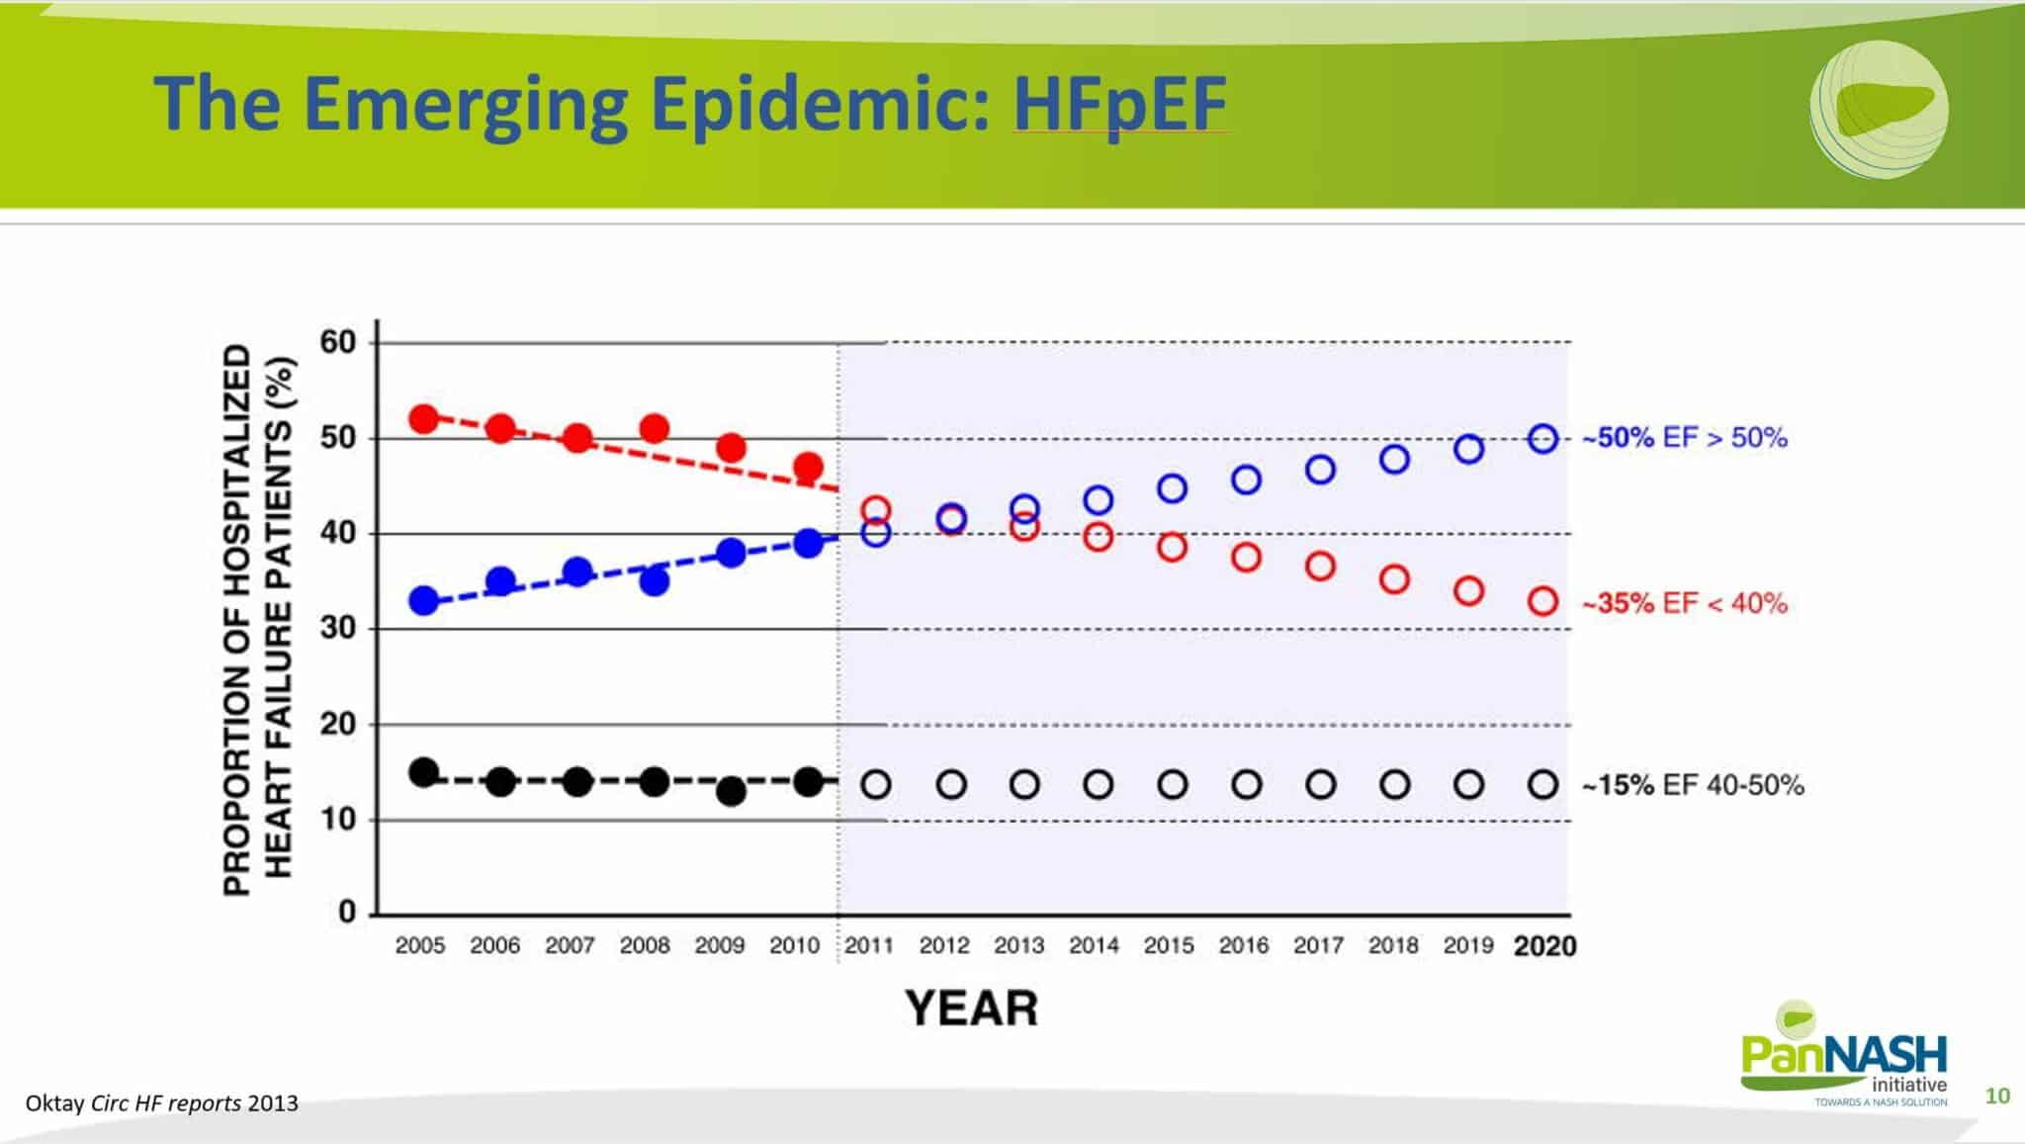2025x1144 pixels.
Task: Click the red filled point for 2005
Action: (x=423, y=419)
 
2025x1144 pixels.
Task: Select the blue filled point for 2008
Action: (x=654, y=581)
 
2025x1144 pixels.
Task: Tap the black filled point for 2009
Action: (x=731, y=792)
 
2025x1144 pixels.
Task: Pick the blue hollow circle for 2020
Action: (x=1542, y=439)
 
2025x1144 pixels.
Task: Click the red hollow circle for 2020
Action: (x=1542, y=601)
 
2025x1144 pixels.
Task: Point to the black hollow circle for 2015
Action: (x=1172, y=785)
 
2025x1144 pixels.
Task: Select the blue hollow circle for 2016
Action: (x=1246, y=481)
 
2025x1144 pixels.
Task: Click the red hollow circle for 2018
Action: (x=1394, y=579)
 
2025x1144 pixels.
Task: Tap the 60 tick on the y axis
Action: (x=338, y=342)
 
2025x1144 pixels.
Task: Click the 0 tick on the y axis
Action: (x=347, y=912)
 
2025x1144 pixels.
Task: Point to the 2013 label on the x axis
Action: (x=1018, y=946)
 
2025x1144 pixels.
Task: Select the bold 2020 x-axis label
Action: (x=1544, y=947)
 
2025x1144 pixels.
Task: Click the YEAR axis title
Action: (x=972, y=1010)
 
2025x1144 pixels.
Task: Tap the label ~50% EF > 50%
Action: (x=1685, y=438)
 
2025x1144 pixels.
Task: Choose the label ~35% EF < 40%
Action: (x=1685, y=603)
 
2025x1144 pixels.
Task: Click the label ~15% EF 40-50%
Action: (x=1693, y=786)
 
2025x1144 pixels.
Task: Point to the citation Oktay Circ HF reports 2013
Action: (x=161, y=1103)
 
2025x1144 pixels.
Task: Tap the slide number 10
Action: (x=1997, y=1096)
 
